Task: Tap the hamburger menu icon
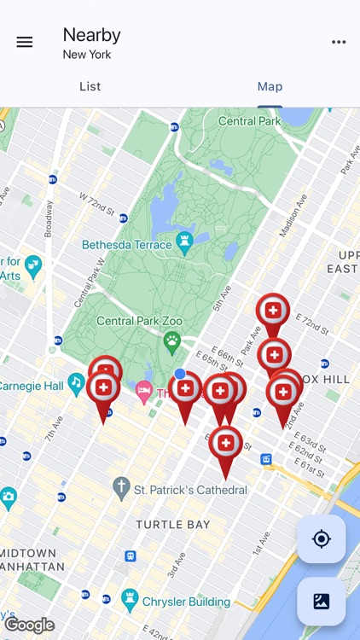25,42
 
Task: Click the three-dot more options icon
339,42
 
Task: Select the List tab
90,86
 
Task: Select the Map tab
270,86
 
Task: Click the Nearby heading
91,35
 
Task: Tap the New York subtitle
87,55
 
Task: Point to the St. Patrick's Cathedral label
191,490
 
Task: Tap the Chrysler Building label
186,602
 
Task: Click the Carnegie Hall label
32,386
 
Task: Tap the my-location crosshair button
322,538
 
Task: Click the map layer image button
322,601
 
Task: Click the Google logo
29,625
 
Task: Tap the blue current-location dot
180,374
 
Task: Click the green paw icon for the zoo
172,342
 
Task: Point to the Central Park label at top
249,121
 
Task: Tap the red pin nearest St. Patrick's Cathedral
225,444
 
